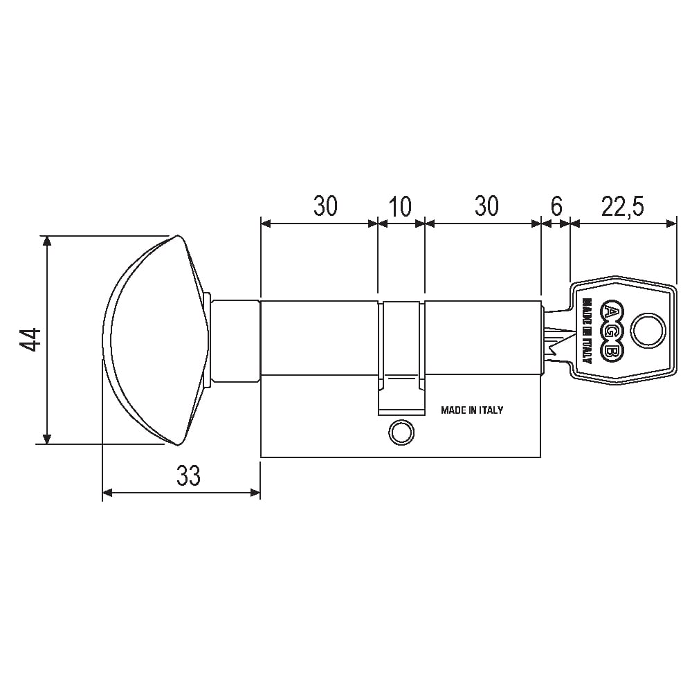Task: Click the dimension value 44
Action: [30, 339]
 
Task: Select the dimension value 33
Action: [188, 475]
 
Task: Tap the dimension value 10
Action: [400, 206]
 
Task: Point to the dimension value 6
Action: [556, 206]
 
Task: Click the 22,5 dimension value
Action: [623, 206]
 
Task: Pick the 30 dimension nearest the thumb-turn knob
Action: [326, 206]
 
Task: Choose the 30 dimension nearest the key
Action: [486, 206]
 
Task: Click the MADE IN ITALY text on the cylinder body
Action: [472, 410]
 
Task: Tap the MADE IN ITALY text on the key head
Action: [587, 331]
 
